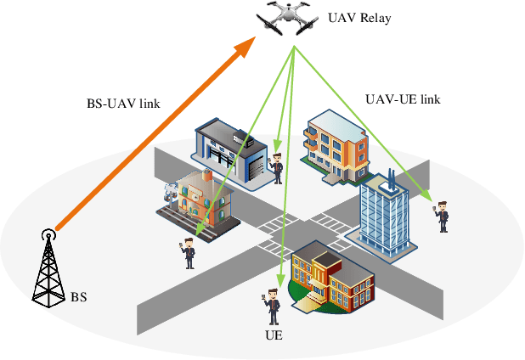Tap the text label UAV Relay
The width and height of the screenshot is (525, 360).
[360, 18]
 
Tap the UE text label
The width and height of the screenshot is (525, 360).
[273, 335]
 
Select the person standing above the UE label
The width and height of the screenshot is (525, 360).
[273, 307]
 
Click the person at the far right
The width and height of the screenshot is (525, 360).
[442, 215]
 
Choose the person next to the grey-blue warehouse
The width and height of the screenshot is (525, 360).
[276, 167]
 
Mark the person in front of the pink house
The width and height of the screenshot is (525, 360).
[188, 252]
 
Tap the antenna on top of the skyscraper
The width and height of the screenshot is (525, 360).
[392, 178]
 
